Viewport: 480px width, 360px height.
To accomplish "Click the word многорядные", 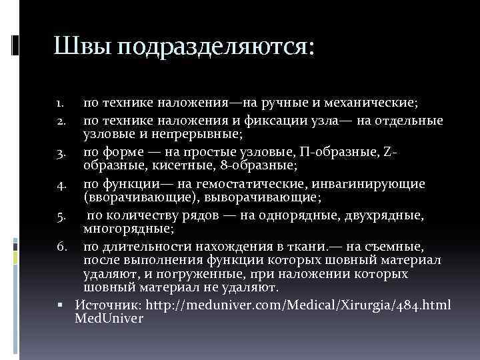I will click(126, 231).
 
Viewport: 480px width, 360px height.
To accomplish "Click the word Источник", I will click(107, 305).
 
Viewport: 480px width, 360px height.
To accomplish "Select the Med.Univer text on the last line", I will click(109, 319).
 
